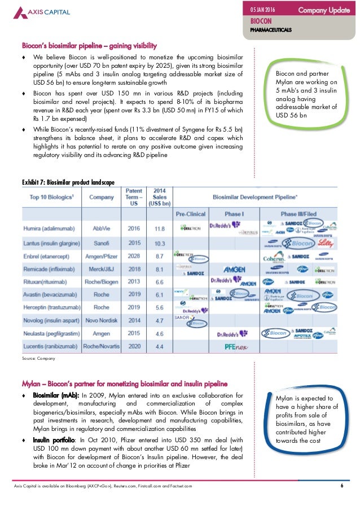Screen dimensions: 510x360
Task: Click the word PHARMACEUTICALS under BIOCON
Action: [271, 29]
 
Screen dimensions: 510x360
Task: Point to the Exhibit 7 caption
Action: [68, 182]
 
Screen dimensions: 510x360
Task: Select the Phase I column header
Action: [234, 215]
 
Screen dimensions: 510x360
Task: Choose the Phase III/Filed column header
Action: [300, 215]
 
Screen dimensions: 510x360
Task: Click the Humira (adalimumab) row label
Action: [49, 228]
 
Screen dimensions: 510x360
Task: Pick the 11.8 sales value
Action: [160, 228]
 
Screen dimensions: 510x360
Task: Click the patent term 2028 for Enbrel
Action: [134, 256]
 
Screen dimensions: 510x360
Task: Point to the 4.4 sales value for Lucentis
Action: [160, 346]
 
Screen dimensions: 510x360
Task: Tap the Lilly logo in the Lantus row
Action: [327, 242]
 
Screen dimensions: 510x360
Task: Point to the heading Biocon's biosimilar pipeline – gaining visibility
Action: [89, 45]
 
